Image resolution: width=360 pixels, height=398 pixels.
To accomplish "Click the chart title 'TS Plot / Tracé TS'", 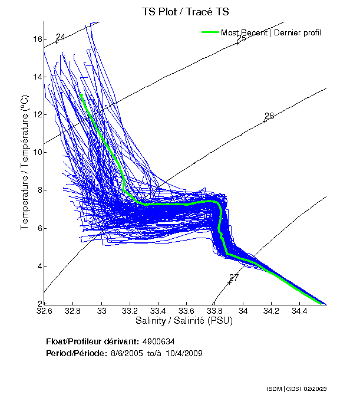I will (x=185, y=11).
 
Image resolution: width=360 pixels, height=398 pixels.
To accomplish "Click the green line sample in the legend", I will (x=210, y=32).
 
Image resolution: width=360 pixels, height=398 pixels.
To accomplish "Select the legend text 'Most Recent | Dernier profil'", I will (x=271, y=32).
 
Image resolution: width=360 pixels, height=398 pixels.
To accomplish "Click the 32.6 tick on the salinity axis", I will (x=44, y=310).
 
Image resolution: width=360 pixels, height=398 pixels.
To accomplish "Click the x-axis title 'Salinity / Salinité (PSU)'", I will (x=184, y=321).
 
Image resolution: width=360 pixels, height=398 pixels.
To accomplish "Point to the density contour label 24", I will (x=60, y=38).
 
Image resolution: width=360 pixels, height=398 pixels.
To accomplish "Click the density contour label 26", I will (x=269, y=116).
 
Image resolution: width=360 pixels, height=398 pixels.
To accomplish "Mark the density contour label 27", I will (x=234, y=278).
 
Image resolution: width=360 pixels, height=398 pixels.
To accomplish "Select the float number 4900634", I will (x=158, y=341).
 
